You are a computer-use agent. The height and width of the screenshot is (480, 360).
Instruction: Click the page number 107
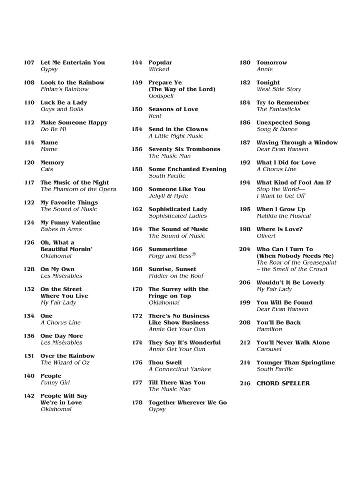tap(29, 62)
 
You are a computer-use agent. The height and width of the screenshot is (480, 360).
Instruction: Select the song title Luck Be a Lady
tap(64, 102)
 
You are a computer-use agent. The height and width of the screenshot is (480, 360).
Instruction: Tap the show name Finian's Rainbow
tap(65, 89)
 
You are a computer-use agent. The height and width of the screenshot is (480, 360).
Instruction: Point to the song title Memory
tap(52, 162)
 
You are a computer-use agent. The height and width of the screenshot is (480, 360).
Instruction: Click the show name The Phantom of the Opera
tap(78, 189)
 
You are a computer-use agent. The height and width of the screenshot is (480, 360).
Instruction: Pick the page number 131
tap(29, 356)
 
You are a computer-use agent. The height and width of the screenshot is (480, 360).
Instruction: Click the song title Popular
tap(160, 62)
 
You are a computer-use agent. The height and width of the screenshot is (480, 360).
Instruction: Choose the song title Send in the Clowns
tap(178, 129)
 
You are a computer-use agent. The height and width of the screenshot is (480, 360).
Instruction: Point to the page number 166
tap(137, 249)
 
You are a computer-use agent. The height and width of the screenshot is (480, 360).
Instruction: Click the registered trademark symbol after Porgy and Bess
tap(193, 255)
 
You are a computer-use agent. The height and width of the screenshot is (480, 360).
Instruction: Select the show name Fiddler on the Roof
tap(176, 276)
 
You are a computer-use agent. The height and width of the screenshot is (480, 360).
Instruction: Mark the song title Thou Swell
tap(165, 362)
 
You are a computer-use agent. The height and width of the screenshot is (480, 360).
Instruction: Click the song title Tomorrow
tap(272, 62)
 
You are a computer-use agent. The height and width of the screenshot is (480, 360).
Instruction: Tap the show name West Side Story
tap(279, 89)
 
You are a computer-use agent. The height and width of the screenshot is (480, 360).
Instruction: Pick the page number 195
tap(245, 209)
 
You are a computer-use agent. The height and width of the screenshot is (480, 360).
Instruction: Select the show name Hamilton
tap(269, 329)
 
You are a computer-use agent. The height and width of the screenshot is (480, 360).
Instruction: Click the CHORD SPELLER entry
tap(283, 383)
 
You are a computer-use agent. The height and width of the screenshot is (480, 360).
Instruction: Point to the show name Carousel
tap(269, 349)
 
